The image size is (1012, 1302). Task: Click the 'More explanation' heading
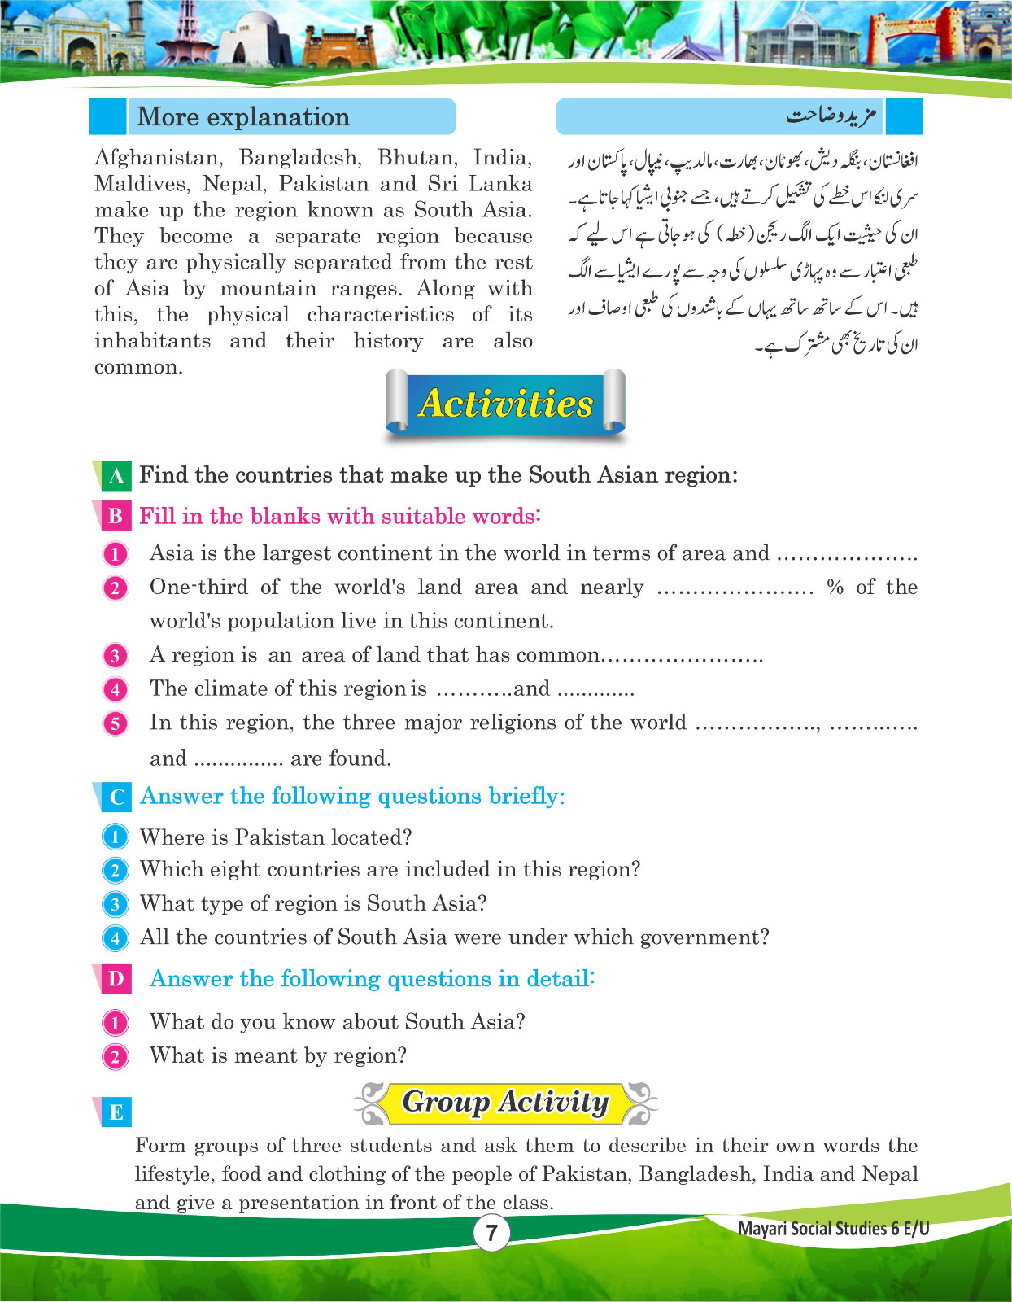pyautogui.click(x=242, y=117)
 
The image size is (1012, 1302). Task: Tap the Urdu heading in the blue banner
pyautogui.click(x=830, y=116)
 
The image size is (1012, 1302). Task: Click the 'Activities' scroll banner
pyautogui.click(x=505, y=404)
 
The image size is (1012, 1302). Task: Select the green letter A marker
pyautogui.click(x=116, y=476)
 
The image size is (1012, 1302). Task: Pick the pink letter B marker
pyautogui.click(x=116, y=517)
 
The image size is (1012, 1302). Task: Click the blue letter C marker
pyautogui.click(x=116, y=797)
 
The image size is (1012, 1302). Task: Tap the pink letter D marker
pyautogui.click(x=116, y=979)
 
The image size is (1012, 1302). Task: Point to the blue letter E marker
pyautogui.click(x=116, y=1112)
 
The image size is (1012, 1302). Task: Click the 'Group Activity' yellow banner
pyautogui.click(x=505, y=1103)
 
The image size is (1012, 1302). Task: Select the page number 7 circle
pyautogui.click(x=491, y=1233)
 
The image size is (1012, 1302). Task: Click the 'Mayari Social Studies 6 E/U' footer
pyautogui.click(x=833, y=1229)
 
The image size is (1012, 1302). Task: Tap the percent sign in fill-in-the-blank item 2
pyautogui.click(x=835, y=588)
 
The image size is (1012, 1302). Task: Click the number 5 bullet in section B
pyautogui.click(x=116, y=723)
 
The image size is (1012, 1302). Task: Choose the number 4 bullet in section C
pyautogui.click(x=116, y=938)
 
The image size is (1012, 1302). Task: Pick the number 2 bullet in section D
pyautogui.click(x=116, y=1057)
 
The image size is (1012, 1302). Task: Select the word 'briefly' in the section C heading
pyautogui.click(x=526, y=797)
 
